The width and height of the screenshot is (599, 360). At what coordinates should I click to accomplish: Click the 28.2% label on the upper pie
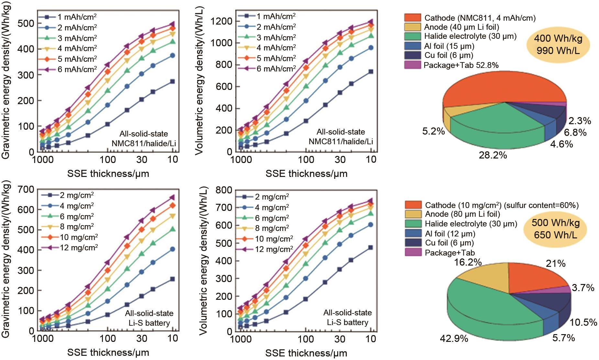493,155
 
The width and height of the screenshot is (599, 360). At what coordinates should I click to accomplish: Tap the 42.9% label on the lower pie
454,339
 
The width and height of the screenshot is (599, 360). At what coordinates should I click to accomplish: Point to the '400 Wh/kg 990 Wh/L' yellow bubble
558,44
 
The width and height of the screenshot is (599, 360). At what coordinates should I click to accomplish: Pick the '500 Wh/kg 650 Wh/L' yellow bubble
555,229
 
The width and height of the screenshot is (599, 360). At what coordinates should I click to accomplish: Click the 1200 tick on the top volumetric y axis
221,21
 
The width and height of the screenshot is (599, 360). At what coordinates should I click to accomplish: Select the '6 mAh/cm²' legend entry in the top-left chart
77,69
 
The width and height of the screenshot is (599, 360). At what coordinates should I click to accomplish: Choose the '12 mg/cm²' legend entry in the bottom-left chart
79,248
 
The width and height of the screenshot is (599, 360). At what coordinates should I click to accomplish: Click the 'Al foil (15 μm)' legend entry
449,46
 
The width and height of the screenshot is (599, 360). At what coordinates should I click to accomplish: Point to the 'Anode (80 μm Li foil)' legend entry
462,214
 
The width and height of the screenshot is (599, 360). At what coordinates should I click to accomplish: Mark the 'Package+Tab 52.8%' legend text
461,65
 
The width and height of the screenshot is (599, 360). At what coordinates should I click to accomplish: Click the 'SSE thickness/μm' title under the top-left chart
108,174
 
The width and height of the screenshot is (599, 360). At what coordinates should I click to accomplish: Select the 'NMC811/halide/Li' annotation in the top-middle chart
341,141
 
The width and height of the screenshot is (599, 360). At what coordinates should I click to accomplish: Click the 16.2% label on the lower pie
468,262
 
